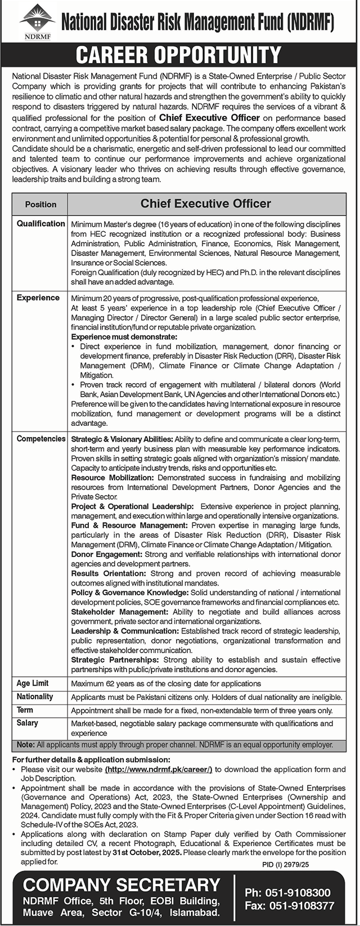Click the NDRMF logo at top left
point(37,23)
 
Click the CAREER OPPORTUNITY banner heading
point(178,55)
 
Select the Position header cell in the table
point(40,204)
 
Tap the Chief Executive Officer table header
point(206,204)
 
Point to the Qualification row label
point(40,223)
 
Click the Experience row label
point(38,298)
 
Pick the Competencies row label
point(41,439)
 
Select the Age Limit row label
point(33,683)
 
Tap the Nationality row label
point(35,696)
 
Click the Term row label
point(25,710)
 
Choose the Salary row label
point(27,723)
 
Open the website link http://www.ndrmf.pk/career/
point(159,769)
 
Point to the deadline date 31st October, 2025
point(147,852)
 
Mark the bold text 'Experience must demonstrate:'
point(124,337)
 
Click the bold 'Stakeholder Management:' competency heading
point(119,612)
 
